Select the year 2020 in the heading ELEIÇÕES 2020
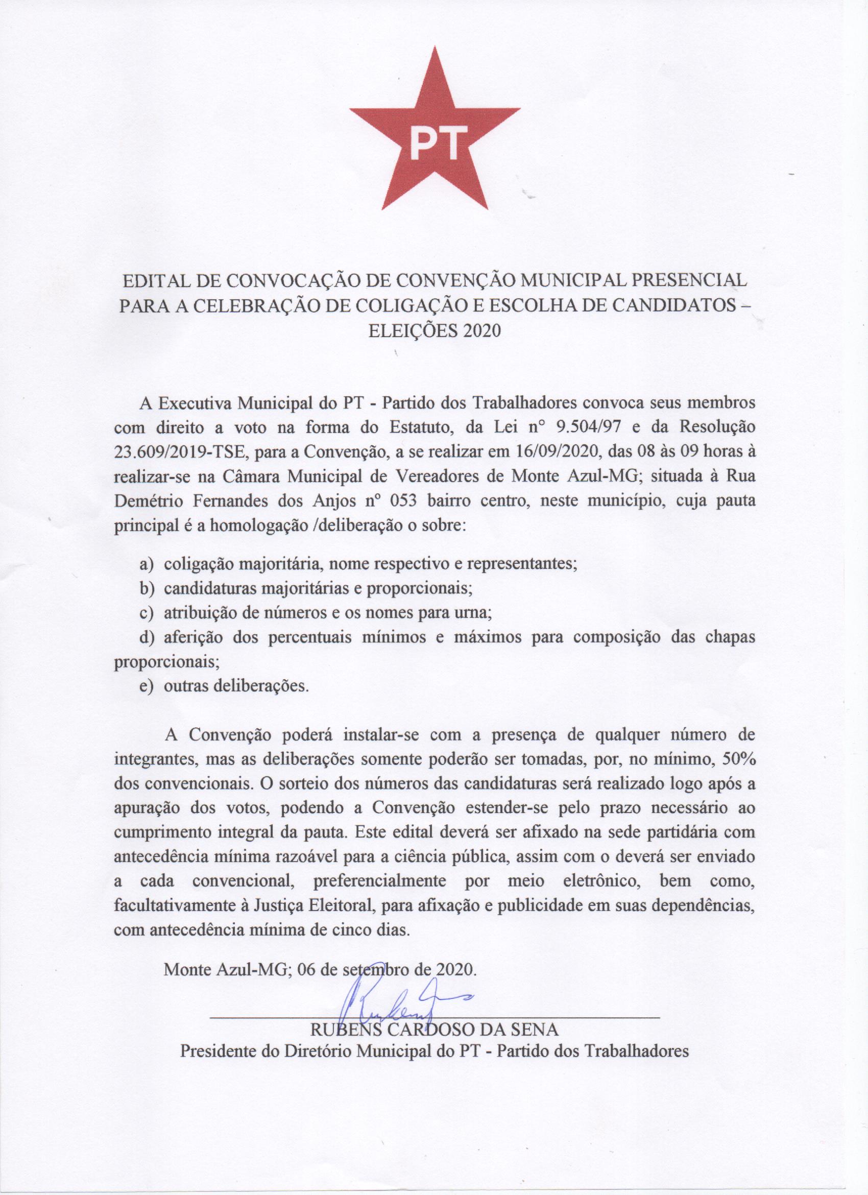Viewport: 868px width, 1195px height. coord(479,331)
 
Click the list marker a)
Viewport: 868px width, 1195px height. coord(147,564)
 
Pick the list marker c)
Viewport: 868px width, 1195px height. coord(147,613)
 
